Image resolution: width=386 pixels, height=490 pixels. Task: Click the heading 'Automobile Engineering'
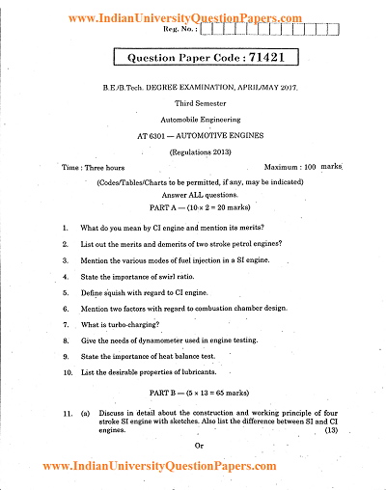coord(194,121)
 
